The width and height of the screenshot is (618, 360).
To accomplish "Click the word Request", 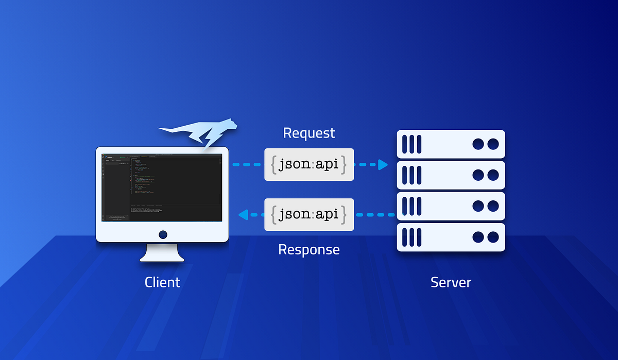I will tap(309, 133).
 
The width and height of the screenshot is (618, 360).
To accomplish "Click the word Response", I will tap(309, 250).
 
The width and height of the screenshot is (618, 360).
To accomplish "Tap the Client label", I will tap(162, 282).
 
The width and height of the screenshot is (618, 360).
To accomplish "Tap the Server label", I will tap(451, 282).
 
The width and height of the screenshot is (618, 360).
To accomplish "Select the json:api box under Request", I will tap(309, 165).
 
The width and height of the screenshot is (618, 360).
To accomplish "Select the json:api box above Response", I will tap(309, 214).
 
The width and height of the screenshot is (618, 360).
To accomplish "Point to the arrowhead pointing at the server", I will tap(383, 165).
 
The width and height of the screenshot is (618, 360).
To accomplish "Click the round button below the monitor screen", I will tap(163, 234).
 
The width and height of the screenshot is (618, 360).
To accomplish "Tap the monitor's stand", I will tap(162, 252).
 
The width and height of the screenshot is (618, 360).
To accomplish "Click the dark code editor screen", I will tap(162, 187).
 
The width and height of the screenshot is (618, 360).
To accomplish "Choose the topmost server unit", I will tap(451, 144).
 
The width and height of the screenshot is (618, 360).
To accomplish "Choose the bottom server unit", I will tap(451, 237).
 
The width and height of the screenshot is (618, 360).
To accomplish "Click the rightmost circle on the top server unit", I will tap(493, 144).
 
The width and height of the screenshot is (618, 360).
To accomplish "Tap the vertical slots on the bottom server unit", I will tap(411, 237).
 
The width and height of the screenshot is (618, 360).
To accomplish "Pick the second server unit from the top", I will tap(451, 175).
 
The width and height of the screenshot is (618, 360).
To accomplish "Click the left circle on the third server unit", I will tap(478, 206).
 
